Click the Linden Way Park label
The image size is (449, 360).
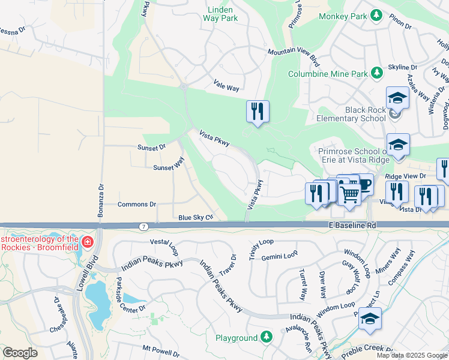[223, 14]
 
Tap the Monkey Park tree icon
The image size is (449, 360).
[376, 15]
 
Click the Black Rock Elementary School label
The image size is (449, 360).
[366, 114]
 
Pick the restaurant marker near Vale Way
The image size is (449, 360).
[258, 110]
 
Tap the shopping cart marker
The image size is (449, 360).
[349, 193]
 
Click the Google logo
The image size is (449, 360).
[20, 353]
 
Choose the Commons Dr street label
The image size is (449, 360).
[137, 205]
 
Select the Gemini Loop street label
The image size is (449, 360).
[282, 255]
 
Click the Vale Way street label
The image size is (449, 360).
[226, 88]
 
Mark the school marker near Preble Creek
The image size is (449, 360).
[370, 319]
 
